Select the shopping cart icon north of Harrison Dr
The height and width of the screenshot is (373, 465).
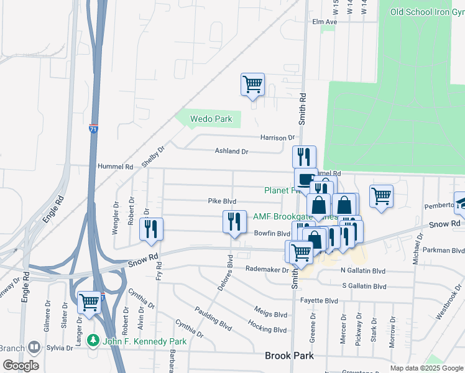(253, 84)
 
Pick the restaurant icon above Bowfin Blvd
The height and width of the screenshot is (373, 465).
(234, 222)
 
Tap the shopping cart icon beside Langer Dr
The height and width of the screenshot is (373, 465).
(90, 302)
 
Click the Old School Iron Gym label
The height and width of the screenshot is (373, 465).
(427, 12)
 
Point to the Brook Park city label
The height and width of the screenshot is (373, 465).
(289, 356)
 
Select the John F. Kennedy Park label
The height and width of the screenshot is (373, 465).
(140, 341)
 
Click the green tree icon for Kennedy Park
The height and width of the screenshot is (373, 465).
(93, 341)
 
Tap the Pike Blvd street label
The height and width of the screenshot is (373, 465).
(222, 201)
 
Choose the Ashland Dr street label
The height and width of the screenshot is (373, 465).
(231, 151)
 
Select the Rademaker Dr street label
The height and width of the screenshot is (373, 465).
(267, 270)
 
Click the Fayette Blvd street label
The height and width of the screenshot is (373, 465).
(320, 300)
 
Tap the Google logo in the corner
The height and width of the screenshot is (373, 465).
(21, 366)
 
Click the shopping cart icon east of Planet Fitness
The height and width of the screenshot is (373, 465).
(381, 196)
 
